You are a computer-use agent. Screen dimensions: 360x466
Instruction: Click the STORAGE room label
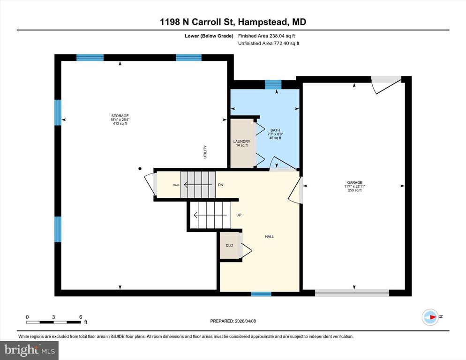120,116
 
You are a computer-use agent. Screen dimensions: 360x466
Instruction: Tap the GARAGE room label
354,183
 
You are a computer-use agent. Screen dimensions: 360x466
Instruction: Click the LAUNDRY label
242,142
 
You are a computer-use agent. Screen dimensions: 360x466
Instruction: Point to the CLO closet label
229,245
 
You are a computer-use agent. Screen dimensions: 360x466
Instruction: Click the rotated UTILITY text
205,152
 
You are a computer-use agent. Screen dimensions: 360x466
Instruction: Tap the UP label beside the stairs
239,216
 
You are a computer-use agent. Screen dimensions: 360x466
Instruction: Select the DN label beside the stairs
220,185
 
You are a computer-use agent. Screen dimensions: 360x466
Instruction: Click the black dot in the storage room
140,168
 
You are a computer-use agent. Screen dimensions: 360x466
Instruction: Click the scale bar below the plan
54,322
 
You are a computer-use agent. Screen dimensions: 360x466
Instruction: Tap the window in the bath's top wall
273,84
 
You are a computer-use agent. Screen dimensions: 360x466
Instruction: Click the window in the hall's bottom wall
261,294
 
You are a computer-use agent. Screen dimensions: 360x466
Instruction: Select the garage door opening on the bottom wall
352,293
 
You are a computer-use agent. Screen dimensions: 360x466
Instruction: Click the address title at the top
233,22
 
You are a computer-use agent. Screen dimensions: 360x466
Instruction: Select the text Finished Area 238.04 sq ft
266,36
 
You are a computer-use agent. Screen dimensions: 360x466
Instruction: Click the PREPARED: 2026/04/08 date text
233,321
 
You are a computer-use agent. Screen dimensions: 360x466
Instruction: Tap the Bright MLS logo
29,349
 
